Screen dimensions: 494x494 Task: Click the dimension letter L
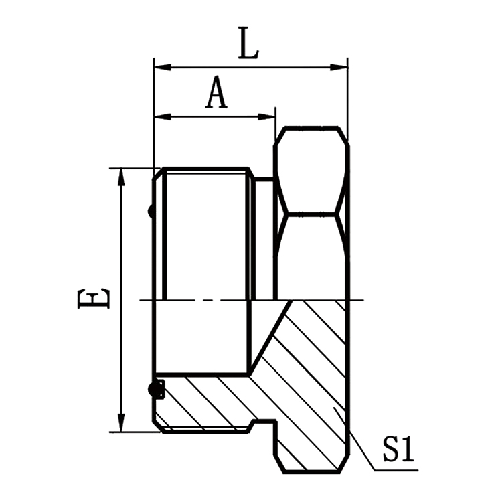(x=248, y=44)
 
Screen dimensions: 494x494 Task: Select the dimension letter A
(x=216, y=93)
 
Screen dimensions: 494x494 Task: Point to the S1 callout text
(x=398, y=450)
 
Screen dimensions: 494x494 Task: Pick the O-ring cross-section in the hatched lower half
(x=157, y=389)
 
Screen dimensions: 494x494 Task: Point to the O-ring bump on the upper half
(x=151, y=212)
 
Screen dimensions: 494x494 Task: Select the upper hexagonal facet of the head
(x=311, y=170)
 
